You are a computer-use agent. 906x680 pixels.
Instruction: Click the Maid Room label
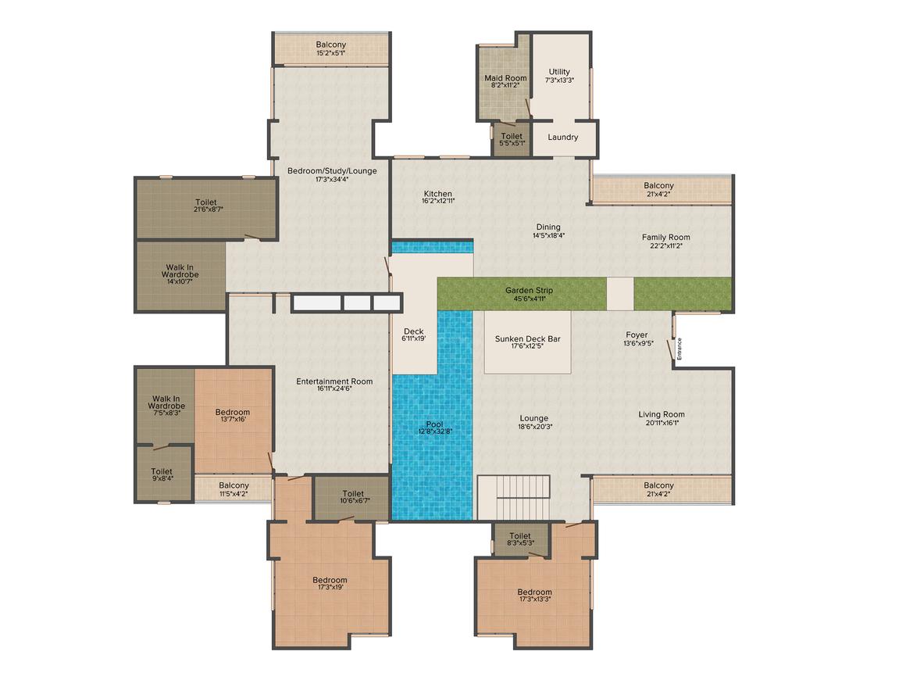[x=505, y=78]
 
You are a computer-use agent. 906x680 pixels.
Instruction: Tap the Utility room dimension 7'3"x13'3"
[x=559, y=81]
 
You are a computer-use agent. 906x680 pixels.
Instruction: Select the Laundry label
[x=563, y=137]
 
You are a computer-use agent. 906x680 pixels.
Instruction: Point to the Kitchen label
[x=438, y=194]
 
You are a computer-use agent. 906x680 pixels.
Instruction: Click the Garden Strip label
[x=530, y=290]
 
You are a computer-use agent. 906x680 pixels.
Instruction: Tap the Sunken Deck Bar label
[x=527, y=339]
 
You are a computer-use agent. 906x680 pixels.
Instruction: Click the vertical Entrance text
[x=679, y=349]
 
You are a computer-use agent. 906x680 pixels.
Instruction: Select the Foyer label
[x=637, y=335]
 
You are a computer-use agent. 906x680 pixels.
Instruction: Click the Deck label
[x=414, y=331]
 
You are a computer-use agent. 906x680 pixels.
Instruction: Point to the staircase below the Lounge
[x=513, y=497]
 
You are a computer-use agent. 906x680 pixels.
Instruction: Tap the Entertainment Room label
[x=334, y=381]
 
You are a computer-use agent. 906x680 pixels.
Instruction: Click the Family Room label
[x=665, y=237]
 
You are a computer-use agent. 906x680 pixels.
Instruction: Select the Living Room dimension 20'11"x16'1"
[x=662, y=423]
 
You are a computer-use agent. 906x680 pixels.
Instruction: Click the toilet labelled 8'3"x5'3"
[x=520, y=539]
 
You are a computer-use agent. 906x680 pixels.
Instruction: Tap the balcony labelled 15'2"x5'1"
[x=331, y=48]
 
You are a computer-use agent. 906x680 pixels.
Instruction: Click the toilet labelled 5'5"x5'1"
[x=512, y=139]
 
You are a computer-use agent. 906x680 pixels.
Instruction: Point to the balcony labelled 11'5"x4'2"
[x=234, y=489]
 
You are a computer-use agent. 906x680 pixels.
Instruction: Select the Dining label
[x=548, y=227]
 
